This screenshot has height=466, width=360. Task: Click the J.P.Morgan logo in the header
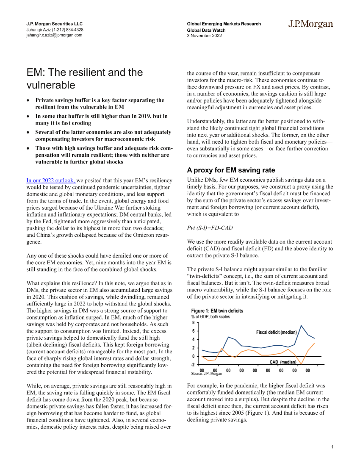(x=311, y=25)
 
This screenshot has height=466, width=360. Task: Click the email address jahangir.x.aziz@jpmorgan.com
(x=54, y=36)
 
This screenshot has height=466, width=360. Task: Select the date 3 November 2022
(x=205, y=36)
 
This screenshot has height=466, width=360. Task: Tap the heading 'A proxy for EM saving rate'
(x=231, y=170)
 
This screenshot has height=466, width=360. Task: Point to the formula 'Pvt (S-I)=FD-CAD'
(x=210, y=228)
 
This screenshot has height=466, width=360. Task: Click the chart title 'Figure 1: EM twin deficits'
(x=217, y=311)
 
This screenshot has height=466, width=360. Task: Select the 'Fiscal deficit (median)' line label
(x=277, y=332)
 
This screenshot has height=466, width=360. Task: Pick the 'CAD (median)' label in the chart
(x=283, y=362)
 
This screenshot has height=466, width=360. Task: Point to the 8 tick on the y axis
(x=194, y=323)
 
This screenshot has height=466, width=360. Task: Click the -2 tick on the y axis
(x=193, y=364)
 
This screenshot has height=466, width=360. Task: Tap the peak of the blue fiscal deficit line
(x=301, y=325)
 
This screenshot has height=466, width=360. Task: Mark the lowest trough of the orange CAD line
(x=301, y=364)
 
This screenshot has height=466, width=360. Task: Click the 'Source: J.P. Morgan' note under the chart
(x=206, y=374)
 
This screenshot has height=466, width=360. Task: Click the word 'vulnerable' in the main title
(x=51, y=85)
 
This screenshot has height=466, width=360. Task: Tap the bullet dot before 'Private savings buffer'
(x=28, y=100)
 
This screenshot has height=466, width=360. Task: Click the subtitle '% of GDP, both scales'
(x=210, y=316)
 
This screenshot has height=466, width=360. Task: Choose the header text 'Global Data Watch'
(x=206, y=30)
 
